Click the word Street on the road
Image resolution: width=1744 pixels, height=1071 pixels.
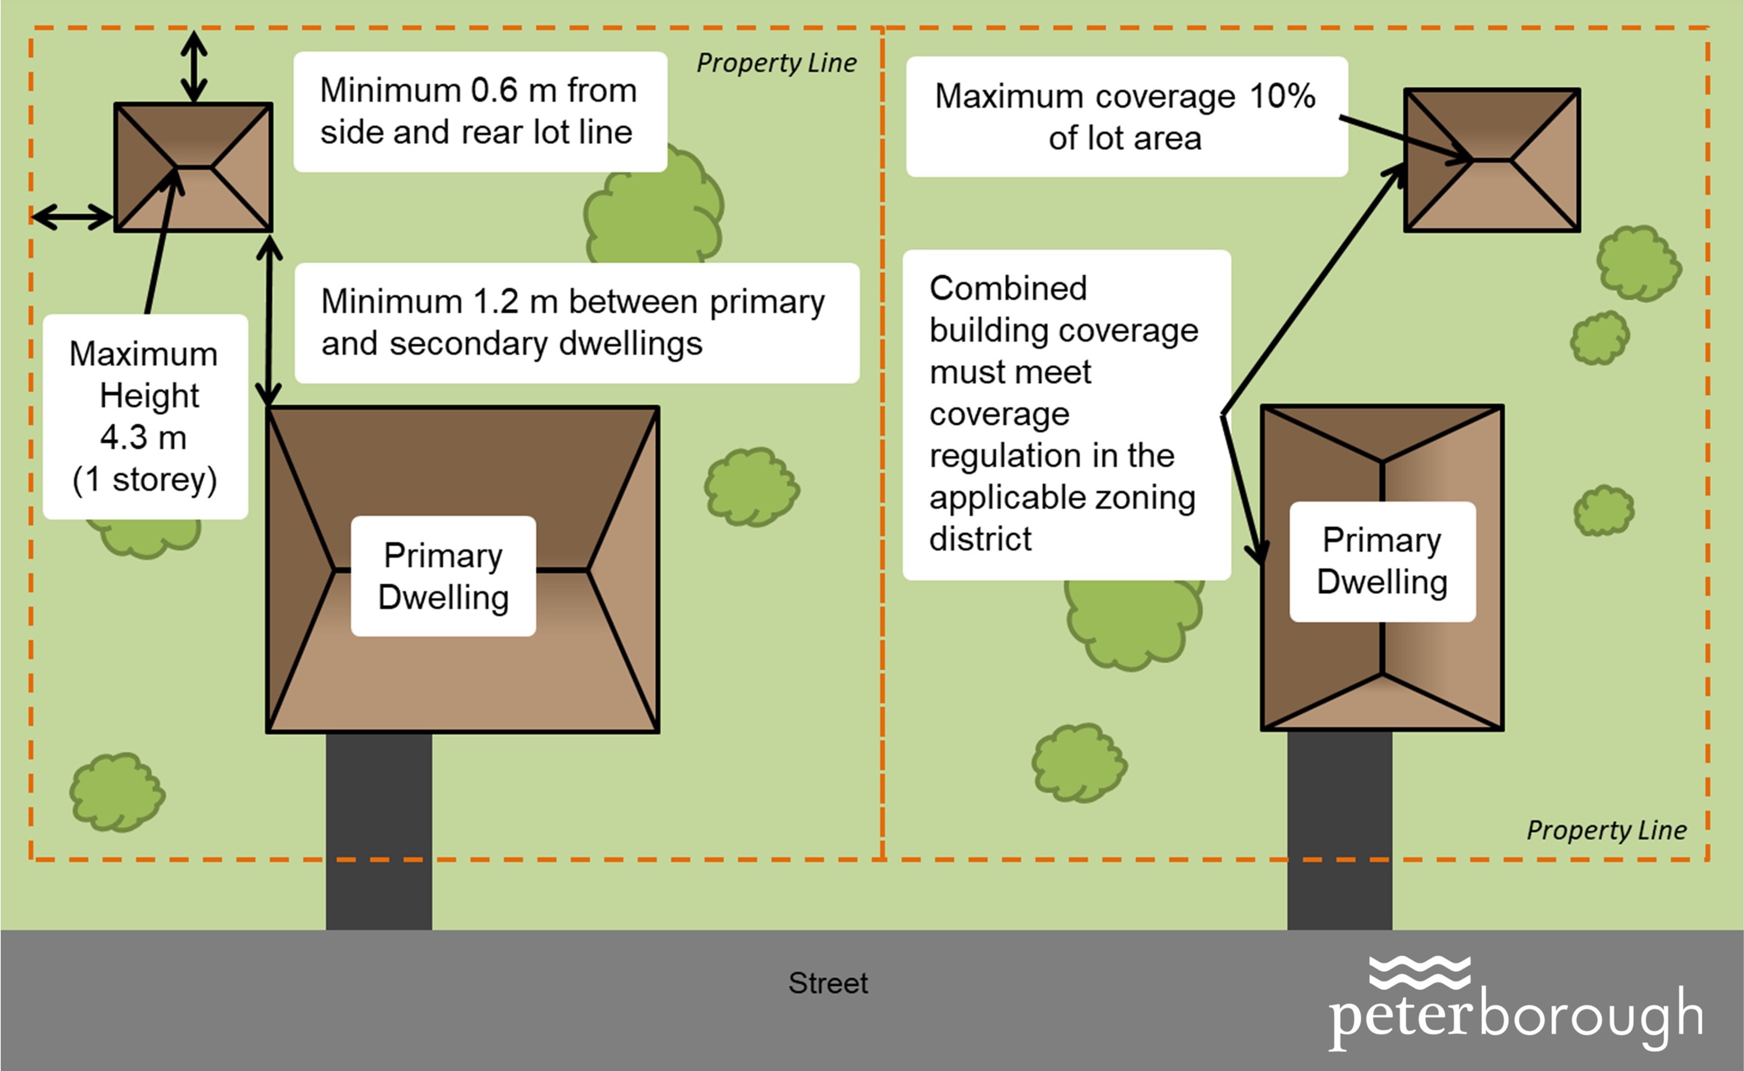pyautogui.click(x=828, y=983)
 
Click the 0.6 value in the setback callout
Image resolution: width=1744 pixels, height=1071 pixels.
pyautogui.click(x=494, y=90)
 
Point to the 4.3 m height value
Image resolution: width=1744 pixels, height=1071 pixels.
pyautogui.click(x=143, y=437)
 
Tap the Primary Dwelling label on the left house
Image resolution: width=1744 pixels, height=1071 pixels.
pyautogui.click(x=443, y=576)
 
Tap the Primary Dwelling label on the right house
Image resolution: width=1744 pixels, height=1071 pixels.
pyautogui.click(x=1382, y=561)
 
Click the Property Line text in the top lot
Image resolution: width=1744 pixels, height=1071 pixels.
pyautogui.click(x=776, y=63)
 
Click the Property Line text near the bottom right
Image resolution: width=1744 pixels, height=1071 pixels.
pyautogui.click(x=1606, y=830)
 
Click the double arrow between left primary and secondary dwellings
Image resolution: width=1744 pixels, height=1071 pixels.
pyautogui.click(x=269, y=322)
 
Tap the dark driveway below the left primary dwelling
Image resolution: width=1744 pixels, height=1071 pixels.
pyautogui.click(x=379, y=829)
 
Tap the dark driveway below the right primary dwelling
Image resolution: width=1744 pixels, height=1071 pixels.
pyautogui.click(x=1340, y=829)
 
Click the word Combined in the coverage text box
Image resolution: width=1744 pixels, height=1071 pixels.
pyautogui.click(x=1008, y=288)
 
